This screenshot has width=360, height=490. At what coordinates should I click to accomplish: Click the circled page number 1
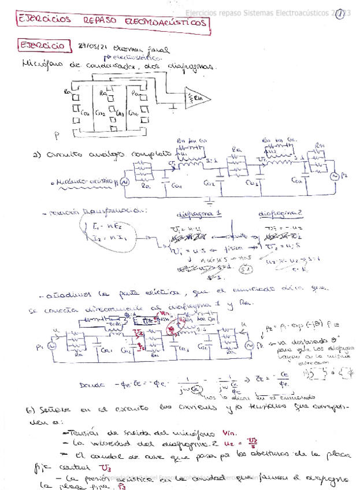[340, 13]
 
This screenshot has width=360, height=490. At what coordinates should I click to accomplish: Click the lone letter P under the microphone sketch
[57, 137]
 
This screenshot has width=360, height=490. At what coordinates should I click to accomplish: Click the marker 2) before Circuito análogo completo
[34, 155]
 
